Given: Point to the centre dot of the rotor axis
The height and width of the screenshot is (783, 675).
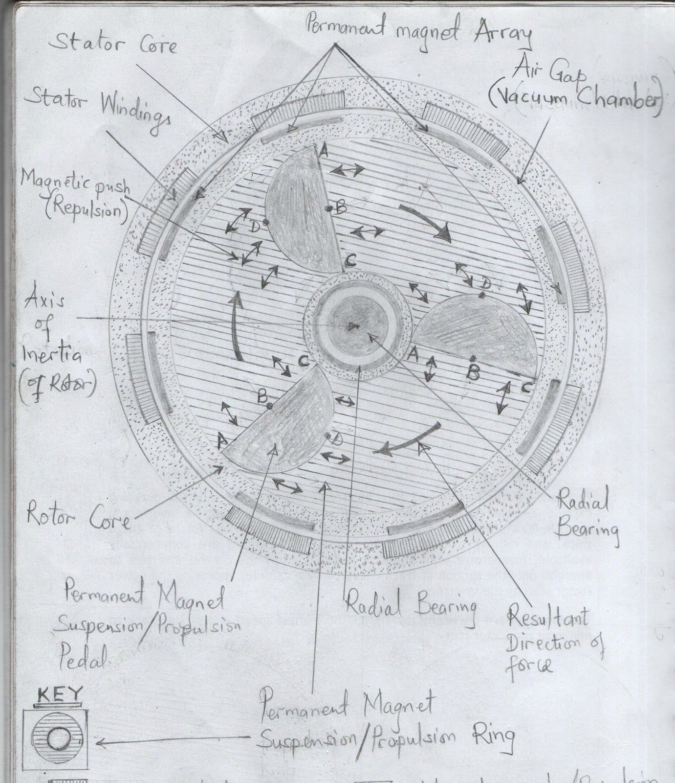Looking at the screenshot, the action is click(x=351, y=327).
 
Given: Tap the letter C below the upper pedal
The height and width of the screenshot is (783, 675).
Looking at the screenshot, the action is click(x=350, y=261).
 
